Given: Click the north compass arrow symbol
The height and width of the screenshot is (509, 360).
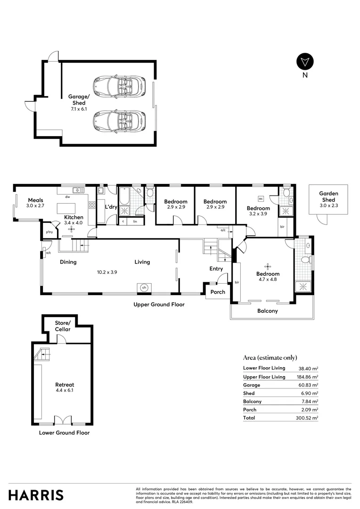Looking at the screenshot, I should [305, 62].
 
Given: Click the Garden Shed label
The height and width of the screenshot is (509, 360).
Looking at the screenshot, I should [328, 196].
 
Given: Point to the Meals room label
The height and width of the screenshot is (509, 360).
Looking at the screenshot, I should [35, 200].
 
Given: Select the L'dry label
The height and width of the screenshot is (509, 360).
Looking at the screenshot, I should [111, 207].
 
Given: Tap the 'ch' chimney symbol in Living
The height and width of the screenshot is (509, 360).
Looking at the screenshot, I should [145, 287].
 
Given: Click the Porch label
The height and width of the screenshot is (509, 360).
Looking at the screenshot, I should [218, 292].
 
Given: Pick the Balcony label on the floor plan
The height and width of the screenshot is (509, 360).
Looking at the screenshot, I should [267, 311].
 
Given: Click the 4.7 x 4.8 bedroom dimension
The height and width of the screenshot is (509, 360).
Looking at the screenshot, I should [268, 279].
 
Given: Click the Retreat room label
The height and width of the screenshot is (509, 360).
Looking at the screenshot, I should [65, 385].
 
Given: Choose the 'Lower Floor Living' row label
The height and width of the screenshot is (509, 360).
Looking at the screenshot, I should [264, 369].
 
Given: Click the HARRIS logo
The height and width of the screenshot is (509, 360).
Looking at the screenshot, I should [36, 495].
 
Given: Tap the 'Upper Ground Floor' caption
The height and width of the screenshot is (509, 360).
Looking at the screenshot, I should [159, 304].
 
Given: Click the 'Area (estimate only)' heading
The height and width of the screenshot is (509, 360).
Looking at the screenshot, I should [270, 358].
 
